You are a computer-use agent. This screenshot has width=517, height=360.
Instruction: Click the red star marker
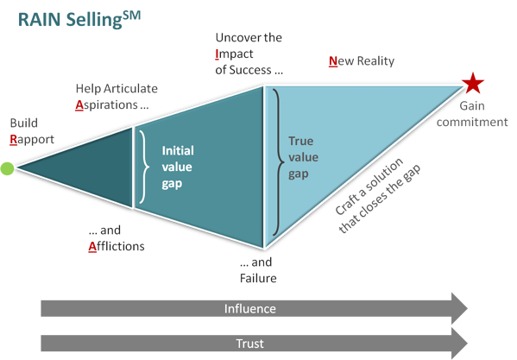(x=472, y=84)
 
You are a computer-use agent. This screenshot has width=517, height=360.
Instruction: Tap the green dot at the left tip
(x=7, y=168)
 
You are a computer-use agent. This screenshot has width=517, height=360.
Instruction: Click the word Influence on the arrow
(x=250, y=307)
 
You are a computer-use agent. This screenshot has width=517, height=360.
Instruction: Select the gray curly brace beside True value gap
(x=276, y=160)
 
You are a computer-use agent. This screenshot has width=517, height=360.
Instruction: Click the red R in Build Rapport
(x=12, y=138)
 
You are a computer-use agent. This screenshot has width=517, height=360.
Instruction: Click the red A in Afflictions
(x=91, y=246)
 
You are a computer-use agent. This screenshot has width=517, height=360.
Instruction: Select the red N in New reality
(x=331, y=61)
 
